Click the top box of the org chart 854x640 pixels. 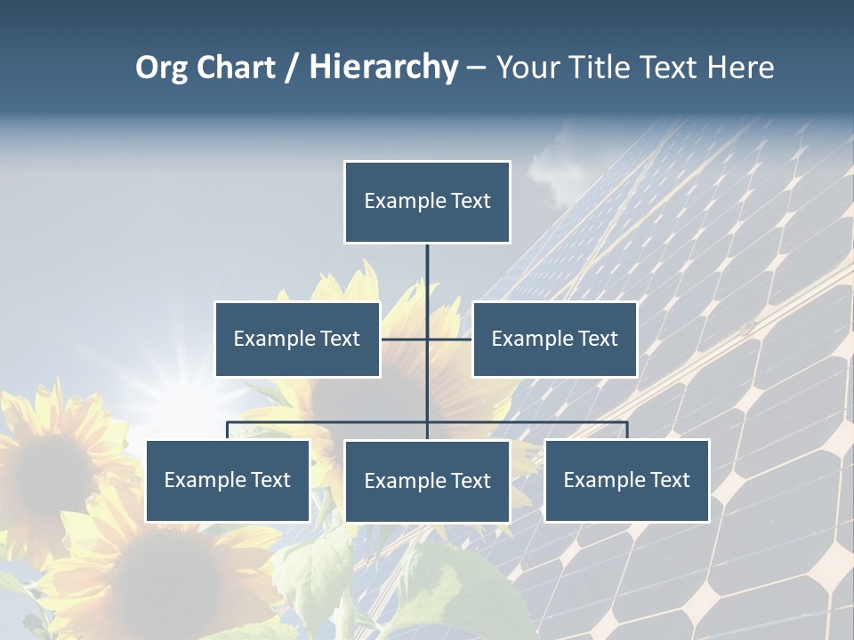pos(427,202)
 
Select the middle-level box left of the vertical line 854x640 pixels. pos(297,339)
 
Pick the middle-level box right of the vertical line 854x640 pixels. pos(554,339)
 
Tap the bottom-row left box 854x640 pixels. pos(228,480)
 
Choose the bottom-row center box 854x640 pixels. pos(427,481)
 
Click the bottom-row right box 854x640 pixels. pos(626,480)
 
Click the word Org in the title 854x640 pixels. pos(161,68)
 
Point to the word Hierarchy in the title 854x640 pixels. pos(383,68)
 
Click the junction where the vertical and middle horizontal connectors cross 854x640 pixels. pos(427,339)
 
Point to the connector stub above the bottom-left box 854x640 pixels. pos(228,430)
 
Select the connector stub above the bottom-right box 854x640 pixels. pos(627,430)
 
